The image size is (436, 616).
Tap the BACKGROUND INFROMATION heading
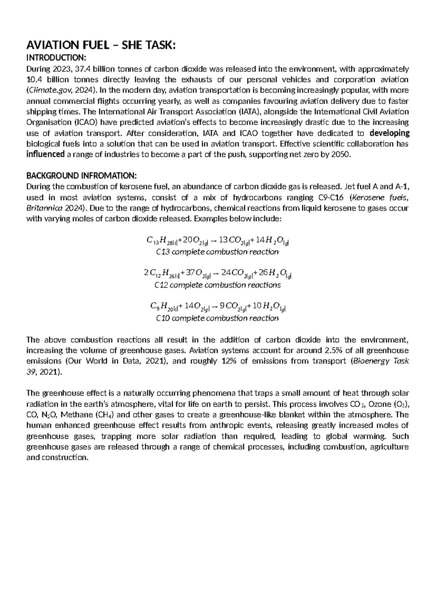[x=82, y=176]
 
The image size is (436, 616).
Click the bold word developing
[x=389, y=133]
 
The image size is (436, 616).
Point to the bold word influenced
[x=45, y=154]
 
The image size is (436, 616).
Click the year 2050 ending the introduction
[x=342, y=155]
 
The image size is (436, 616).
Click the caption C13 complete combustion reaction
[x=217, y=252]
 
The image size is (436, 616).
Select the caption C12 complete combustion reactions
[x=217, y=285]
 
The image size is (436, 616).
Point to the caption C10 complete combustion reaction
[x=217, y=318]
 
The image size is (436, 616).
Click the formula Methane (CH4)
[x=91, y=415]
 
